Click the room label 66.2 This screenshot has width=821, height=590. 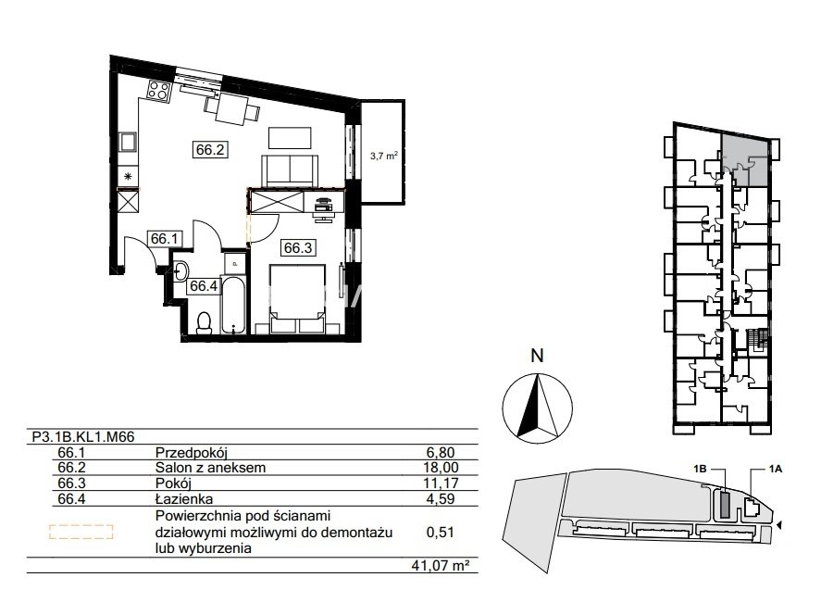(210, 150)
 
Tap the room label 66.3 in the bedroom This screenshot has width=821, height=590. (298, 247)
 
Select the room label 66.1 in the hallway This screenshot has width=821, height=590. (165, 239)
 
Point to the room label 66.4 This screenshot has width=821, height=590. (203, 285)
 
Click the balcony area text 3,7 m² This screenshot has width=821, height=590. (384, 156)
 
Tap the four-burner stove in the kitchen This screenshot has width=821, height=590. (158, 90)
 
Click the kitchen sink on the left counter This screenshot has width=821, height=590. (128, 142)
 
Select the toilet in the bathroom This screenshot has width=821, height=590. (204, 322)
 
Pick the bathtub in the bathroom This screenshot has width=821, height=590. (232, 305)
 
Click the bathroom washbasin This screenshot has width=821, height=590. (180, 270)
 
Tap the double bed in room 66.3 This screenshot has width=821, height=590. (297, 298)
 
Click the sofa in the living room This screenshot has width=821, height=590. (289, 170)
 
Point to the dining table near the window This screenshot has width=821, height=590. (232, 108)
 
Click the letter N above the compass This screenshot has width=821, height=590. (537, 356)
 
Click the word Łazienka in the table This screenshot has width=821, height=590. (184, 499)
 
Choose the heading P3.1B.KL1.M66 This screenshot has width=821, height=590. (83, 437)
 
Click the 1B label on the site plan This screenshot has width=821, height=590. (700, 469)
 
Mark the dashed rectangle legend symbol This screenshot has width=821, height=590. (81, 532)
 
